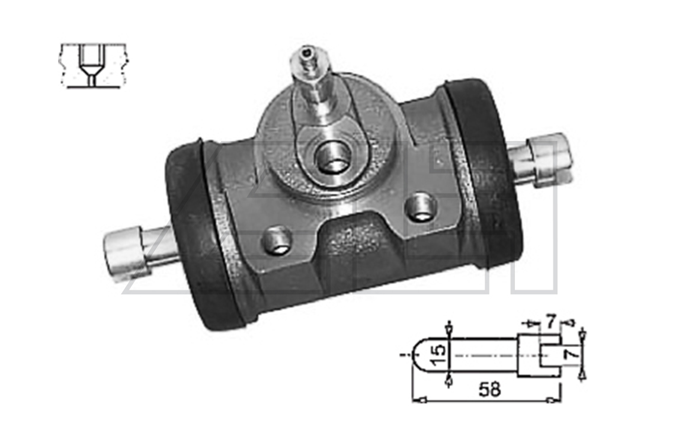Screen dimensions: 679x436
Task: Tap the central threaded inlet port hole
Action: (332, 158)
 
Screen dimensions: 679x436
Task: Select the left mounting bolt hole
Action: (276, 241)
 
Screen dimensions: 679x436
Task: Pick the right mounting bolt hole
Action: (421, 207)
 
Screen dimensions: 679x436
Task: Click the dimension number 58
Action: (490, 389)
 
